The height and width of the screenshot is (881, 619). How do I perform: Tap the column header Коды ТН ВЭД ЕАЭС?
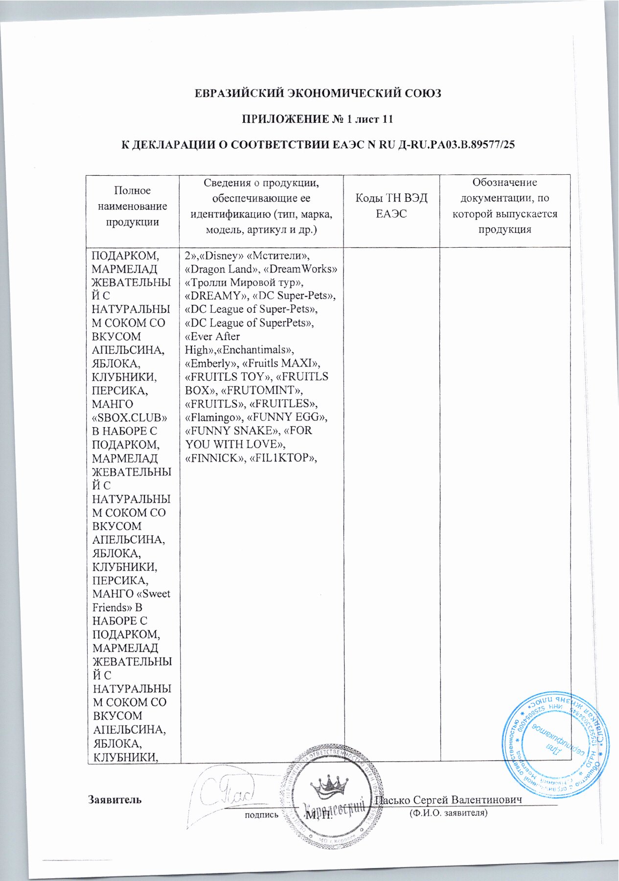[x=391, y=206]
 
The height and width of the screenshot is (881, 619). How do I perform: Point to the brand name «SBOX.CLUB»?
[x=130, y=418]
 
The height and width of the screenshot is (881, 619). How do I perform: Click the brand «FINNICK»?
[x=211, y=458]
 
